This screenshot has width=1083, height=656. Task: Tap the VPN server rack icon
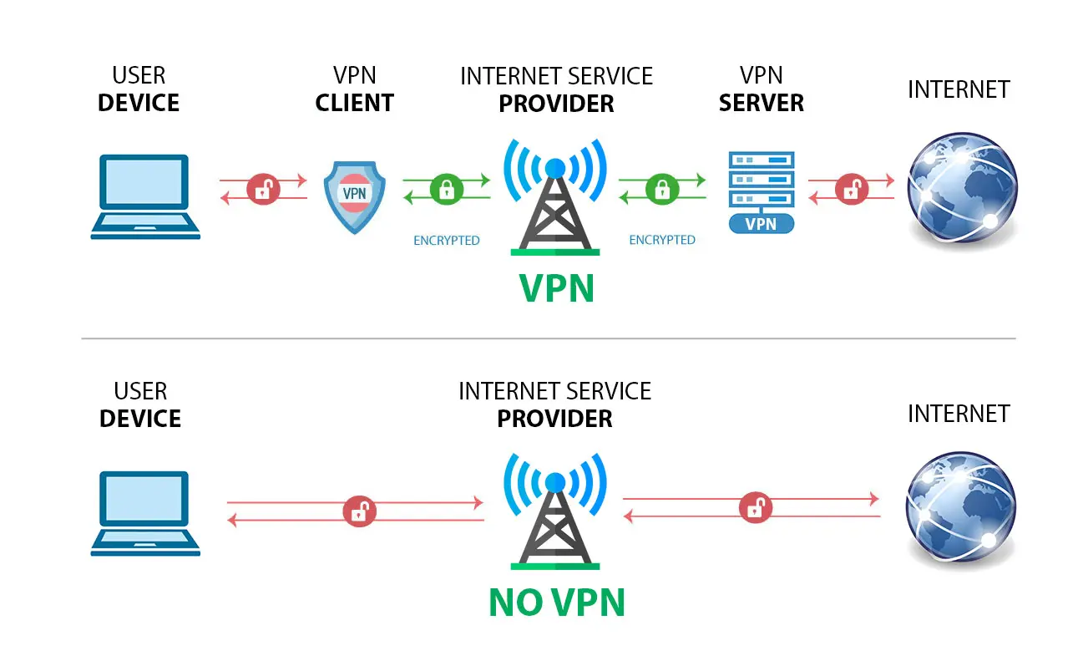point(761,181)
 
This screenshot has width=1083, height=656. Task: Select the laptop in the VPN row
point(145,196)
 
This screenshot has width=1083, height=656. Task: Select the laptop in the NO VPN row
point(145,513)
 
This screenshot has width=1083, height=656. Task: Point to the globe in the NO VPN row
point(962,510)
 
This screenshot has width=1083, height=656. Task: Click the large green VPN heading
point(556,288)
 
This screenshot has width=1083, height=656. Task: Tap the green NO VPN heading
point(556,603)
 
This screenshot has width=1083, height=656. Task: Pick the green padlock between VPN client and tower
point(446,188)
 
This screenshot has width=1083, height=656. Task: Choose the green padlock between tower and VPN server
point(662,188)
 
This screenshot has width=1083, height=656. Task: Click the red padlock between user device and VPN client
point(264,189)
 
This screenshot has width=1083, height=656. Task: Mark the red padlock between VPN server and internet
point(852,189)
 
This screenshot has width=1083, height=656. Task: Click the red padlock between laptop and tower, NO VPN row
point(358,511)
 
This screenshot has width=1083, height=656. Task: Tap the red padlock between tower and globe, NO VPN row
point(755,507)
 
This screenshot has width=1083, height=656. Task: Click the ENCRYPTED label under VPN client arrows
point(447,241)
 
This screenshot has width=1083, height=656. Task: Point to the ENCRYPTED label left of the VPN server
point(662,240)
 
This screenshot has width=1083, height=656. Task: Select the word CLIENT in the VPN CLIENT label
point(354,104)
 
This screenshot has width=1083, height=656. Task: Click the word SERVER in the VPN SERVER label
point(761,104)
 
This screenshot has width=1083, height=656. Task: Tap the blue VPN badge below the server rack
point(761,224)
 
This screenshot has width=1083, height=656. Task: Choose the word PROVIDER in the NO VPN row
point(554,419)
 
